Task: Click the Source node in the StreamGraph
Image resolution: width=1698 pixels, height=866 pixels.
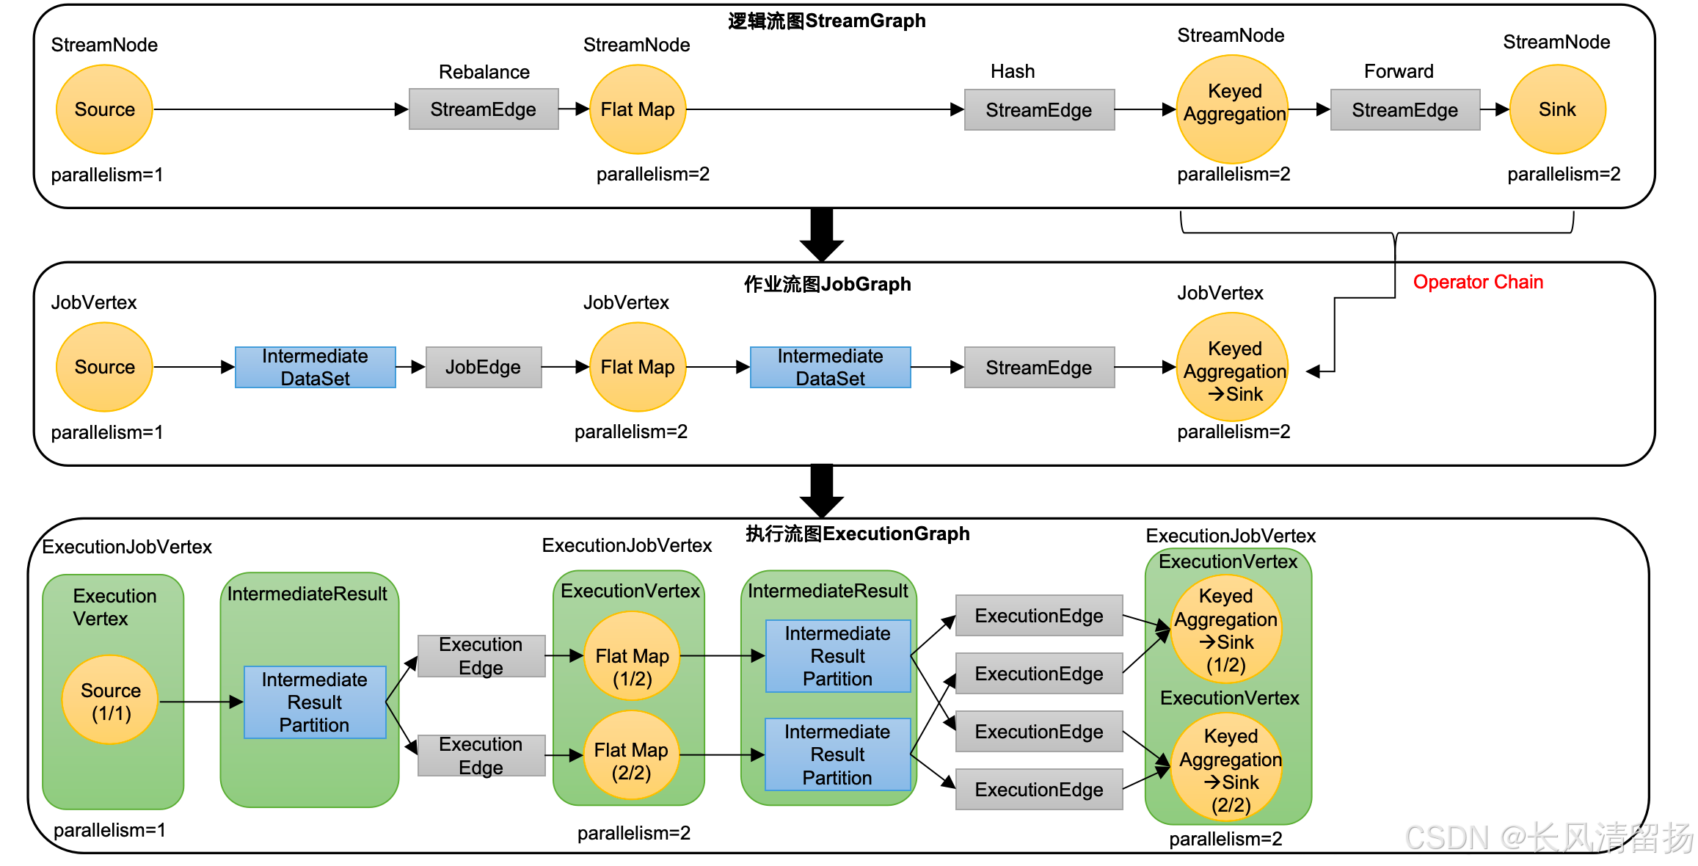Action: [104, 109]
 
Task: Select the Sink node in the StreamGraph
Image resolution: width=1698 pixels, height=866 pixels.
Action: [1557, 109]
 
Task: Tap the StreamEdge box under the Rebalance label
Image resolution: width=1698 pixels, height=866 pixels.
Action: [484, 109]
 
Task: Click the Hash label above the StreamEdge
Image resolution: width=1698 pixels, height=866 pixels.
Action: [1013, 71]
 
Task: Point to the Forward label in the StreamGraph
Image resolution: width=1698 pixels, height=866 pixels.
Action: [1399, 71]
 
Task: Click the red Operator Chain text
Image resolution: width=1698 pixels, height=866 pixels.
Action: [1478, 282]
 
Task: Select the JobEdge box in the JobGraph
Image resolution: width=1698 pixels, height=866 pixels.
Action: [484, 367]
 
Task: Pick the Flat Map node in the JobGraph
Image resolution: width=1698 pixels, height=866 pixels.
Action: [638, 367]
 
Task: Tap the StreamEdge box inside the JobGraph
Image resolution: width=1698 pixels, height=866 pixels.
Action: [1039, 367]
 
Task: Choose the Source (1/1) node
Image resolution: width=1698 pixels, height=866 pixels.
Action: [111, 701]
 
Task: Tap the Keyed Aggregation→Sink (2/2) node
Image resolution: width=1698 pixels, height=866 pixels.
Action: [1228, 769]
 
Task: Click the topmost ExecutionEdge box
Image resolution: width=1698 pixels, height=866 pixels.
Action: [1039, 616]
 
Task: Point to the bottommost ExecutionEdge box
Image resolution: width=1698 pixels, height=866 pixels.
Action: [1039, 790]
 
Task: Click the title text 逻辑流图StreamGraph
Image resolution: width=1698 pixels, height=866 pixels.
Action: [826, 21]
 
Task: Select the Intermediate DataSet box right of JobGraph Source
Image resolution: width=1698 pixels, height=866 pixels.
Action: [316, 367]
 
